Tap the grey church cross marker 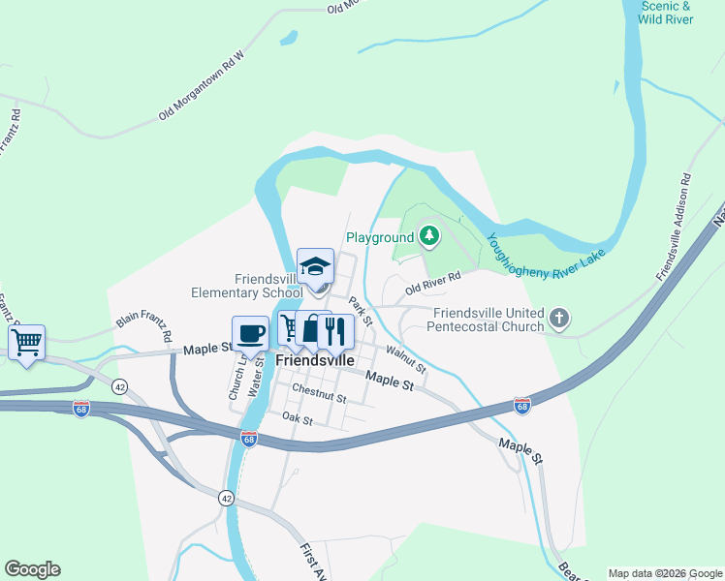(x=559, y=318)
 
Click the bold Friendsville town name (x=315, y=359)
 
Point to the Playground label (x=380, y=237)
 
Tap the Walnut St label (x=406, y=359)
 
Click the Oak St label (x=297, y=419)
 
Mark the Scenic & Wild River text (x=667, y=13)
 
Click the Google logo (x=32, y=569)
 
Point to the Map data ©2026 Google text (x=664, y=573)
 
